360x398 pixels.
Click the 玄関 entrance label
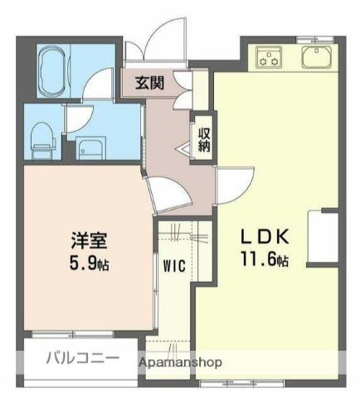pyautogui.click(x=149, y=83)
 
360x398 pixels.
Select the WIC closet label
pyautogui.click(x=174, y=266)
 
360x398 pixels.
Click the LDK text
pyautogui.click(x=265, y=237)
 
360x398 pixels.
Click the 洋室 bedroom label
pyautogui.click(x=89, y=240)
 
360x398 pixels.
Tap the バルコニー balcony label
pyautogui.click(x=83, y=358)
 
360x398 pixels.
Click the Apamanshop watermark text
pyautogui.click(x=180, y=362)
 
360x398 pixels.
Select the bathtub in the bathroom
pyautogui.click(x=54, y=70)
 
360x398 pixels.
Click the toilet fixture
pyautogui.click(x=42, y=140)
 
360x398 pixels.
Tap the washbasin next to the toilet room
pyautogui.click(x=90, y=148)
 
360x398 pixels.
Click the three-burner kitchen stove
pyautogui.click(x=269, y=56)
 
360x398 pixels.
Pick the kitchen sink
pyautogui.click(x=316, y=57)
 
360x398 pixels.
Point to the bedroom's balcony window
pyautogui.click(x=73, y=334)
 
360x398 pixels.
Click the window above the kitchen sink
pyautogui.click(x=315, y=41)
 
